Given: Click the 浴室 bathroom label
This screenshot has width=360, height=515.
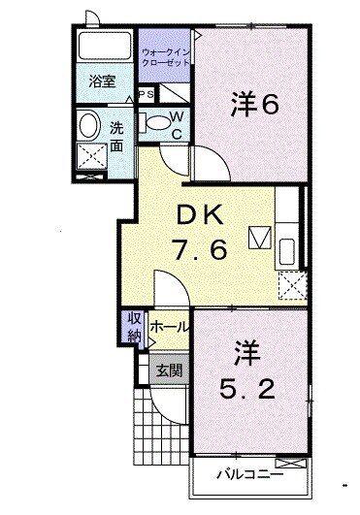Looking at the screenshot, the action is [103, 81].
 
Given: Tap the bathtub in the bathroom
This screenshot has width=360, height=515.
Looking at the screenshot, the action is [105, 46].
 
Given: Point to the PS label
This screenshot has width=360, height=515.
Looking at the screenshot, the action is [147, 94].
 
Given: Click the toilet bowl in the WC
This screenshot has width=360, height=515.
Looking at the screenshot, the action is [157, 123].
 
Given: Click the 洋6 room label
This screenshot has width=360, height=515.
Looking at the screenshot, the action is [255, 105].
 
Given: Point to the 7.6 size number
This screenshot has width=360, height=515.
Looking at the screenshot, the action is [200, 249].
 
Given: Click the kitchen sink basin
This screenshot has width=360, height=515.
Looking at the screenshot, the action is [286, 251].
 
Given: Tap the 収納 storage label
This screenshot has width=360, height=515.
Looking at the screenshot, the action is [134, 327].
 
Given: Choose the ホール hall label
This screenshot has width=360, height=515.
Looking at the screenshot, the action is [170, 327].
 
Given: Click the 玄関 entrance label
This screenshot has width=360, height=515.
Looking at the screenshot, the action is [169, 370].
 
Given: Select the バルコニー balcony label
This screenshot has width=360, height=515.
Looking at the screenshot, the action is [250, 474].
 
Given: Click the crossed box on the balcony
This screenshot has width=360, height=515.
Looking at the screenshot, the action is [291, 463].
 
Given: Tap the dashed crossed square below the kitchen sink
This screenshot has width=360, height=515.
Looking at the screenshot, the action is [293, 285].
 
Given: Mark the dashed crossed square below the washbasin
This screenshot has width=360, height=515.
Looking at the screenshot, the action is [92, 156].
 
